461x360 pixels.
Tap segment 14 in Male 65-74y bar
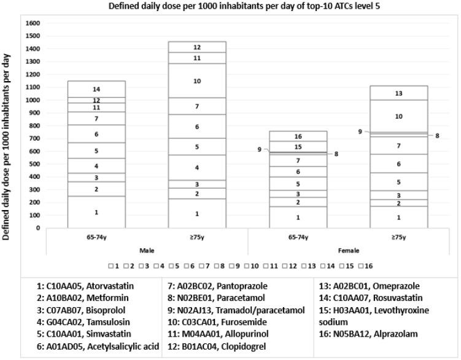(96, 89)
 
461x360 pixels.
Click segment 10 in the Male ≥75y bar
(197, 80)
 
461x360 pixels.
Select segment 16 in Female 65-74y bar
(298, 136)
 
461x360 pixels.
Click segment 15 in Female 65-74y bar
(298, 147)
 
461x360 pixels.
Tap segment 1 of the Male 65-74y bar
(96, 212)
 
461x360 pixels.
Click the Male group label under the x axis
(147, 251)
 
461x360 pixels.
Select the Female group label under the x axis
(348, 251)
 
